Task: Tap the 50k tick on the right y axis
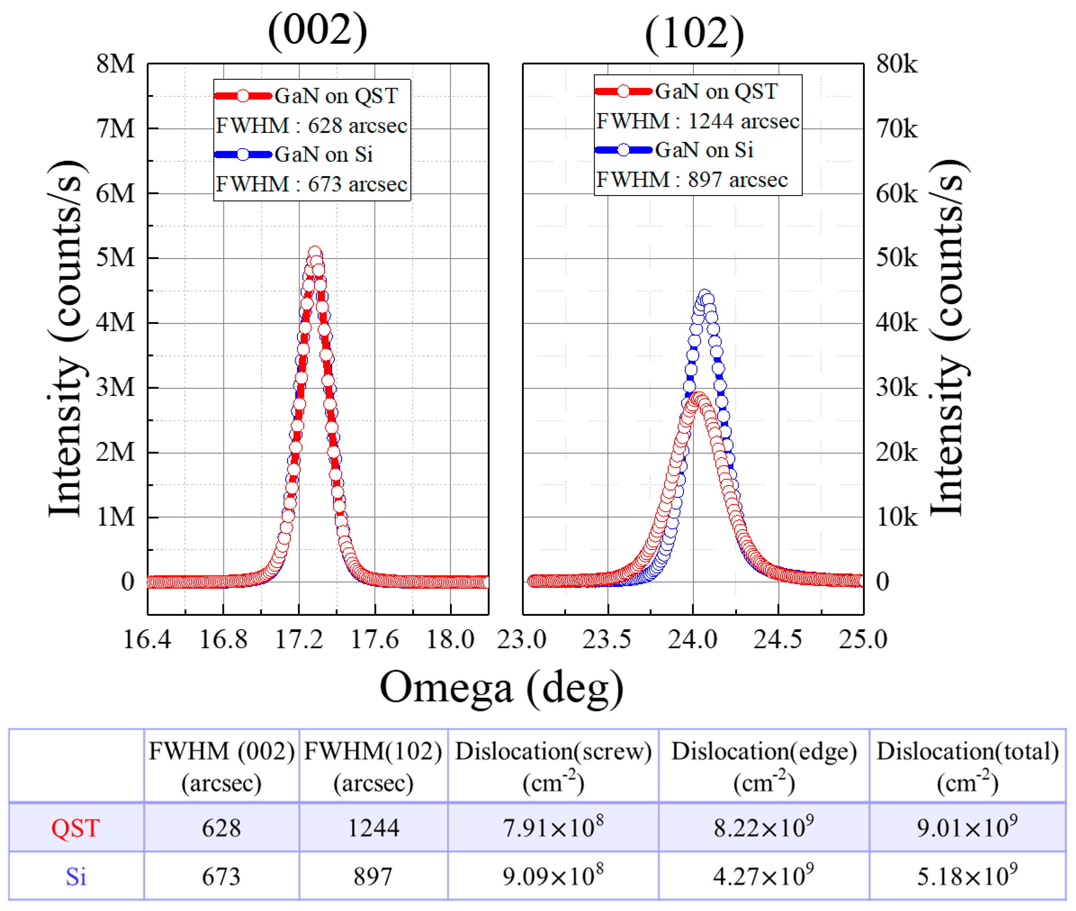(896, 258)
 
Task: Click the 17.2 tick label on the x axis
(299, 640)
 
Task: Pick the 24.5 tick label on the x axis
(777, 640)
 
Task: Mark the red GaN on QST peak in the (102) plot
(697, 399)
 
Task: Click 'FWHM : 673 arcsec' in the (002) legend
(311, 184)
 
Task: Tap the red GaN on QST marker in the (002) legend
(243, 96)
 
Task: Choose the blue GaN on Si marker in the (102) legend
(623, 150)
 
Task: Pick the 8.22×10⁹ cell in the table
(763, 828)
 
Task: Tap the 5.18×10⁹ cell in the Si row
(967, 876)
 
